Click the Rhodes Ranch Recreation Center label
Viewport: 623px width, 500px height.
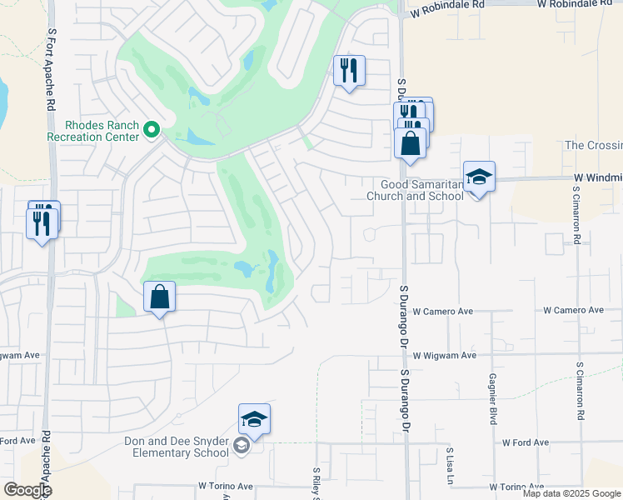[91, 130]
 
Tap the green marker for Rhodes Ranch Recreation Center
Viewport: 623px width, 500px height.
[152, 129]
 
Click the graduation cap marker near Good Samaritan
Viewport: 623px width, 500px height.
[479, 177]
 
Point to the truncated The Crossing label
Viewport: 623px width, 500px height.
[593, 145]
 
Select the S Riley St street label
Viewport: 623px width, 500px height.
[316, 482]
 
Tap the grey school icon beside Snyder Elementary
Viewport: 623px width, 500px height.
[242, 447]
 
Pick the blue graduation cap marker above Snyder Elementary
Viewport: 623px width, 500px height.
[254, 420]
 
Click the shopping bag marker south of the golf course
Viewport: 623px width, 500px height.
[159, 297]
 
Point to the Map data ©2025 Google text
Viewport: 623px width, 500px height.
[571, 493]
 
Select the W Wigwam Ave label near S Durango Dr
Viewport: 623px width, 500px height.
[444, 355]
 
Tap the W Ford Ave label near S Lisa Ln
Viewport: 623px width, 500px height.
[525, 442]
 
